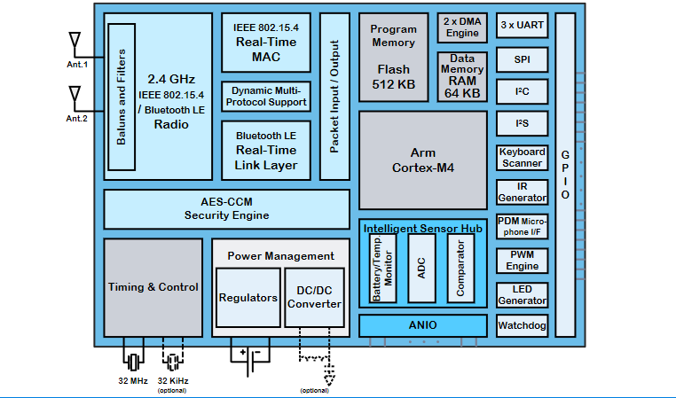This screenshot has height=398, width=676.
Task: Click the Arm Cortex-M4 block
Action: [422, 160]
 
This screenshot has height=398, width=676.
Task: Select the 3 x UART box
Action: [522, 26]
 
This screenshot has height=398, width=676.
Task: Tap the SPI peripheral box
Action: [522, 59]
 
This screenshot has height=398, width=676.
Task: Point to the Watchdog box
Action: [522, 325]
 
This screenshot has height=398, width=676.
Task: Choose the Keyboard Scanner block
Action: [522, 158]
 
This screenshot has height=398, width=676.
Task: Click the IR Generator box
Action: [522, 191]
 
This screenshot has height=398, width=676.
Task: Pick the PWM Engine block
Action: [522, 260]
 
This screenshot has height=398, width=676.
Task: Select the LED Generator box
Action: [522, 294]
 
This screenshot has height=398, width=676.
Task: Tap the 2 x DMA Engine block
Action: [461, 27]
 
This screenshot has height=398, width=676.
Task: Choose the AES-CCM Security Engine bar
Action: [226, 209]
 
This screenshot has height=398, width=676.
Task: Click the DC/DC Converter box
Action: [314, 297]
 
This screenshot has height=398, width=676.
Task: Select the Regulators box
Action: [248, 297]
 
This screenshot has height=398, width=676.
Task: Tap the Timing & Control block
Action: [153, 287]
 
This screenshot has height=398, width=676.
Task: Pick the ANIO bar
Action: [422, 325]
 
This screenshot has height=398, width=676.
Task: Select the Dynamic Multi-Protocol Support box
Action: [264, 97]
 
